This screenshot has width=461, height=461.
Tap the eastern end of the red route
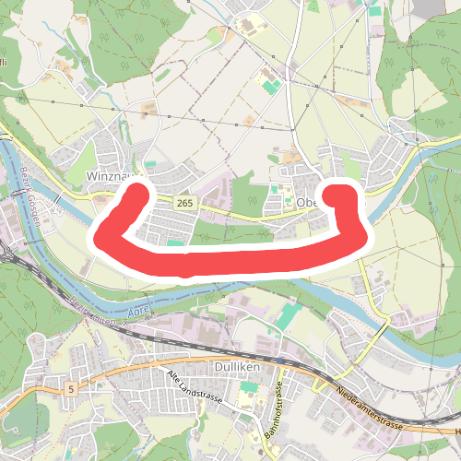pos(344,197)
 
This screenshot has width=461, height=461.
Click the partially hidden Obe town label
pos(307,203)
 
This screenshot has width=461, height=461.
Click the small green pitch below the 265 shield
pos(174,243)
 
